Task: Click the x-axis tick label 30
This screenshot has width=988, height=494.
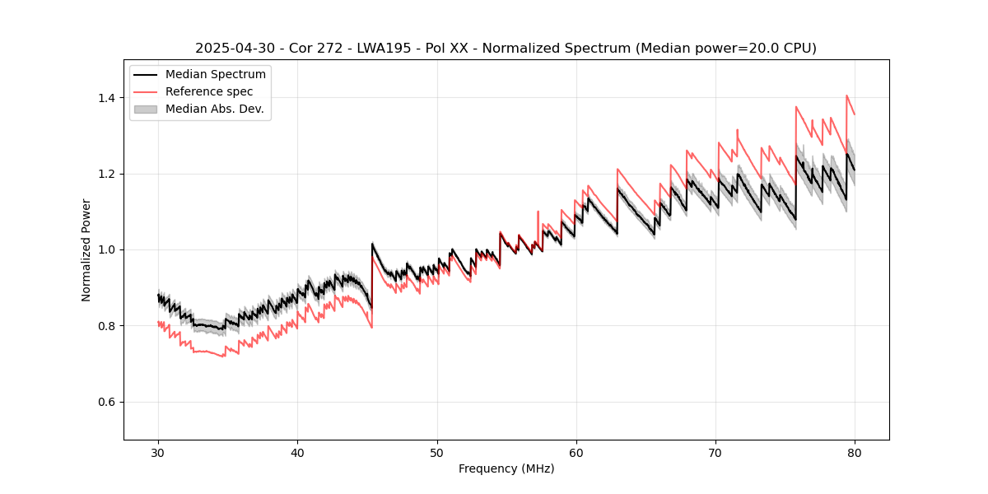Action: (159, 452)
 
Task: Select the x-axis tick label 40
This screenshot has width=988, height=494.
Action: (298, 452)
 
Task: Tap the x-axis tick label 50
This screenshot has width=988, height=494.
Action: (437, 452)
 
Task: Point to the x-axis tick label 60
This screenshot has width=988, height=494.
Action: (576, 452)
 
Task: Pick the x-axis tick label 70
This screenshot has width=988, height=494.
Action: (715, 452)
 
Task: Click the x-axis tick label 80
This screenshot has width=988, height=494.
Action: (855, 452)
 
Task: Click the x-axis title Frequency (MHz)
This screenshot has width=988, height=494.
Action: (506, 468)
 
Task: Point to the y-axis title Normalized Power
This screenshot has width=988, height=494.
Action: (86, 249)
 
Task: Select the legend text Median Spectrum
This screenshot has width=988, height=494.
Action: (216, 75)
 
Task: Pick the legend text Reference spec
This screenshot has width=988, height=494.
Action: (209, 91)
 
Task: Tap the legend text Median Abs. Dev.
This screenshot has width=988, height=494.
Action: (214, 109)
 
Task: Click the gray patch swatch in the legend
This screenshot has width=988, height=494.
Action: (147, 109)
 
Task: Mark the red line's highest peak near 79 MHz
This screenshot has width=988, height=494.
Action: (847, 96)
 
